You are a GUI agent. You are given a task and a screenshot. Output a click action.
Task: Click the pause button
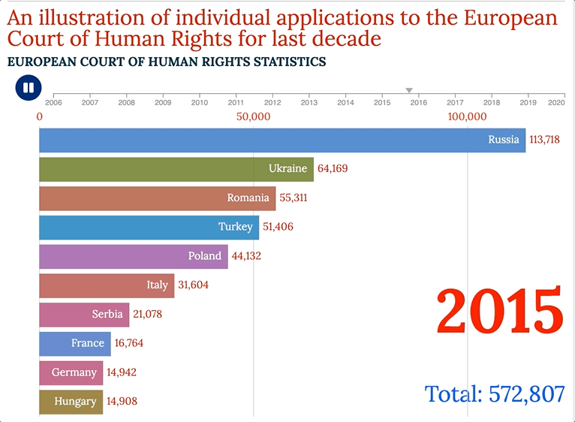click(28, 88)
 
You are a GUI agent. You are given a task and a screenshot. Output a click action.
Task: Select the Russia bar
click(281, 140)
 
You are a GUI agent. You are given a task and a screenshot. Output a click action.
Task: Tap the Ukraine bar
click(176, 169)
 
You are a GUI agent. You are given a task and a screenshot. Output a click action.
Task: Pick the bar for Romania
click(157, 198)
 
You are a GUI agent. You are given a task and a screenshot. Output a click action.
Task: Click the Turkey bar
click(149, 227)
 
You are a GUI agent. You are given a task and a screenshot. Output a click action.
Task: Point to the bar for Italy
click(106, 285)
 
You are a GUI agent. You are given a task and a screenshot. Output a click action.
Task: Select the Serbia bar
click(83, 315)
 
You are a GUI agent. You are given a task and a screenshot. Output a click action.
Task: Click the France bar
click(74, 343)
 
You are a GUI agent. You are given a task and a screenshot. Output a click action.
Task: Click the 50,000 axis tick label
click(253, 116)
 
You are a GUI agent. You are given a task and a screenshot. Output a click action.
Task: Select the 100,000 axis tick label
click(467, 116)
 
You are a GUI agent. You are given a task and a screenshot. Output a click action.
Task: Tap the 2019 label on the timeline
click(528, 102)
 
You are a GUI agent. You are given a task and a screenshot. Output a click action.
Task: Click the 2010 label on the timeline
click(199, 102)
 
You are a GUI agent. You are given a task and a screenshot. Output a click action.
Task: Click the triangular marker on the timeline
click(409, 91)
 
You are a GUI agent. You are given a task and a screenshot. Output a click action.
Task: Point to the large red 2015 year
click(500, 311)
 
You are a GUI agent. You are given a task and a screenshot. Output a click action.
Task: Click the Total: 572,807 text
click(494, 393)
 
